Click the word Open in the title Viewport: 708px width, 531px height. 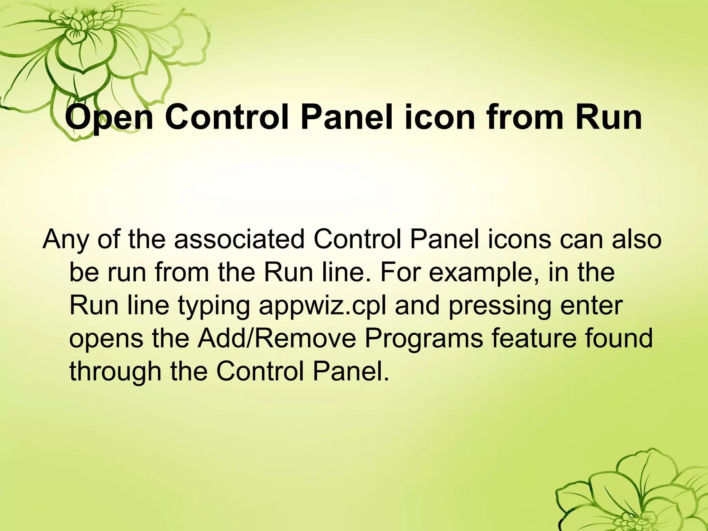(109, 118)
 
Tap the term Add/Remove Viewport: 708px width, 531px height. (277, 338)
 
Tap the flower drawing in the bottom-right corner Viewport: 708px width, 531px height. (633, 494)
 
